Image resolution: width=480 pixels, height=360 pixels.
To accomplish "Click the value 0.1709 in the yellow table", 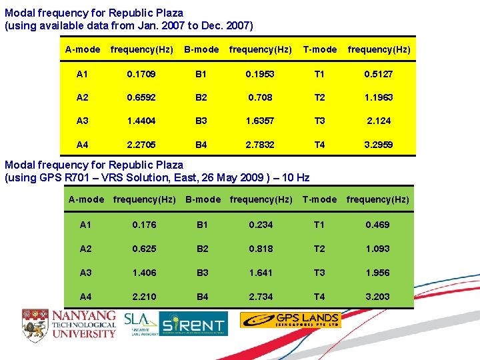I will (141, 74).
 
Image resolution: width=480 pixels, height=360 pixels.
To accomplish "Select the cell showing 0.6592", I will (141, 97).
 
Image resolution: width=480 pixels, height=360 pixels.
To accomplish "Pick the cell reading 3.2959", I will (379, 145).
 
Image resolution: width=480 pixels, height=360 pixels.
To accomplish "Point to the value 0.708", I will (261, 97).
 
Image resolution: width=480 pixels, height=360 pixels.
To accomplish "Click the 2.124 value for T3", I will (379, 121).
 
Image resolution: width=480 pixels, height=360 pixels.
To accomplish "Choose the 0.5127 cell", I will (379, 74).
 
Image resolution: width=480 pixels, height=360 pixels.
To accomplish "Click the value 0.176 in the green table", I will (144, 225).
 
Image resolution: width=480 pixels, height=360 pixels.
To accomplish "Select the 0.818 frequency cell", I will (261, 249).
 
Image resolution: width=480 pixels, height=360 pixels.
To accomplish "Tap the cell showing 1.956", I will (377, 273).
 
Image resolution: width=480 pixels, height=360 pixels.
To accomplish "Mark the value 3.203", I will (377, 297).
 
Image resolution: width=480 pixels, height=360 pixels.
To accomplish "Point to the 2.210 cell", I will (144, 297).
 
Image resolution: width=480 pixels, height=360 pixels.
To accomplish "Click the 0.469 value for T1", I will (377, 225).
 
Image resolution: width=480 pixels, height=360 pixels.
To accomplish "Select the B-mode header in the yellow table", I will (201, 49).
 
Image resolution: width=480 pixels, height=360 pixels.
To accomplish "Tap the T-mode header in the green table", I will (320, 199).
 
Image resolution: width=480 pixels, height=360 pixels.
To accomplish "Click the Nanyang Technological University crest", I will (35, 325).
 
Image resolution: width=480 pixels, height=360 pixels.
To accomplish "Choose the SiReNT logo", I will (194, 324).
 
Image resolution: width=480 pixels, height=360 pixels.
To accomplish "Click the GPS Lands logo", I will (290, 320).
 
